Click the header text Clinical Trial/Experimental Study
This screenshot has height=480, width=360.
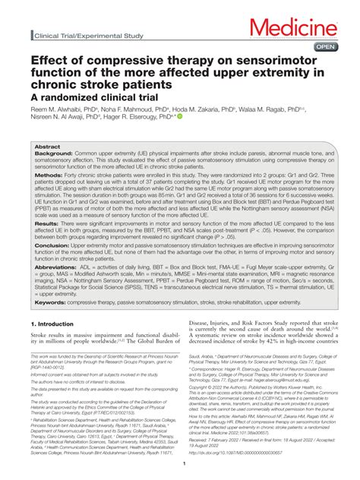tap(87, 36)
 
